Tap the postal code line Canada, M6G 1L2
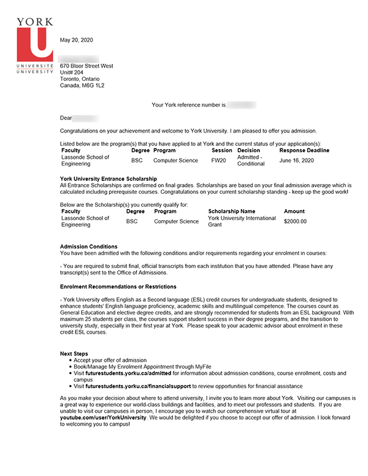click(x=82, y=86)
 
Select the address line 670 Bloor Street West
click(x=86, y=66)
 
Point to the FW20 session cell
click(x=218, y=160)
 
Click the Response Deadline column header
click(x=304, y=150)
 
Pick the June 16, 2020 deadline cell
click(x=296, y=160)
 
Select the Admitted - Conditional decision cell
click(x=250, y=161)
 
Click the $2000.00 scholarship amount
click(x=295, y=221)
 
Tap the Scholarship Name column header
click(x=231, y=211)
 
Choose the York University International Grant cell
click(x=242, y=221)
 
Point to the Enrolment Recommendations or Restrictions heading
click(x=118, y=286)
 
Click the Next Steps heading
click(x=74, y=353)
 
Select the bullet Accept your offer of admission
click(x=110, y=360)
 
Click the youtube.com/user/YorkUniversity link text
click(x=103, y=417)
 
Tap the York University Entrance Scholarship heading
click(x=109, y=178)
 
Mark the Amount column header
click(x=294, y=211)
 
